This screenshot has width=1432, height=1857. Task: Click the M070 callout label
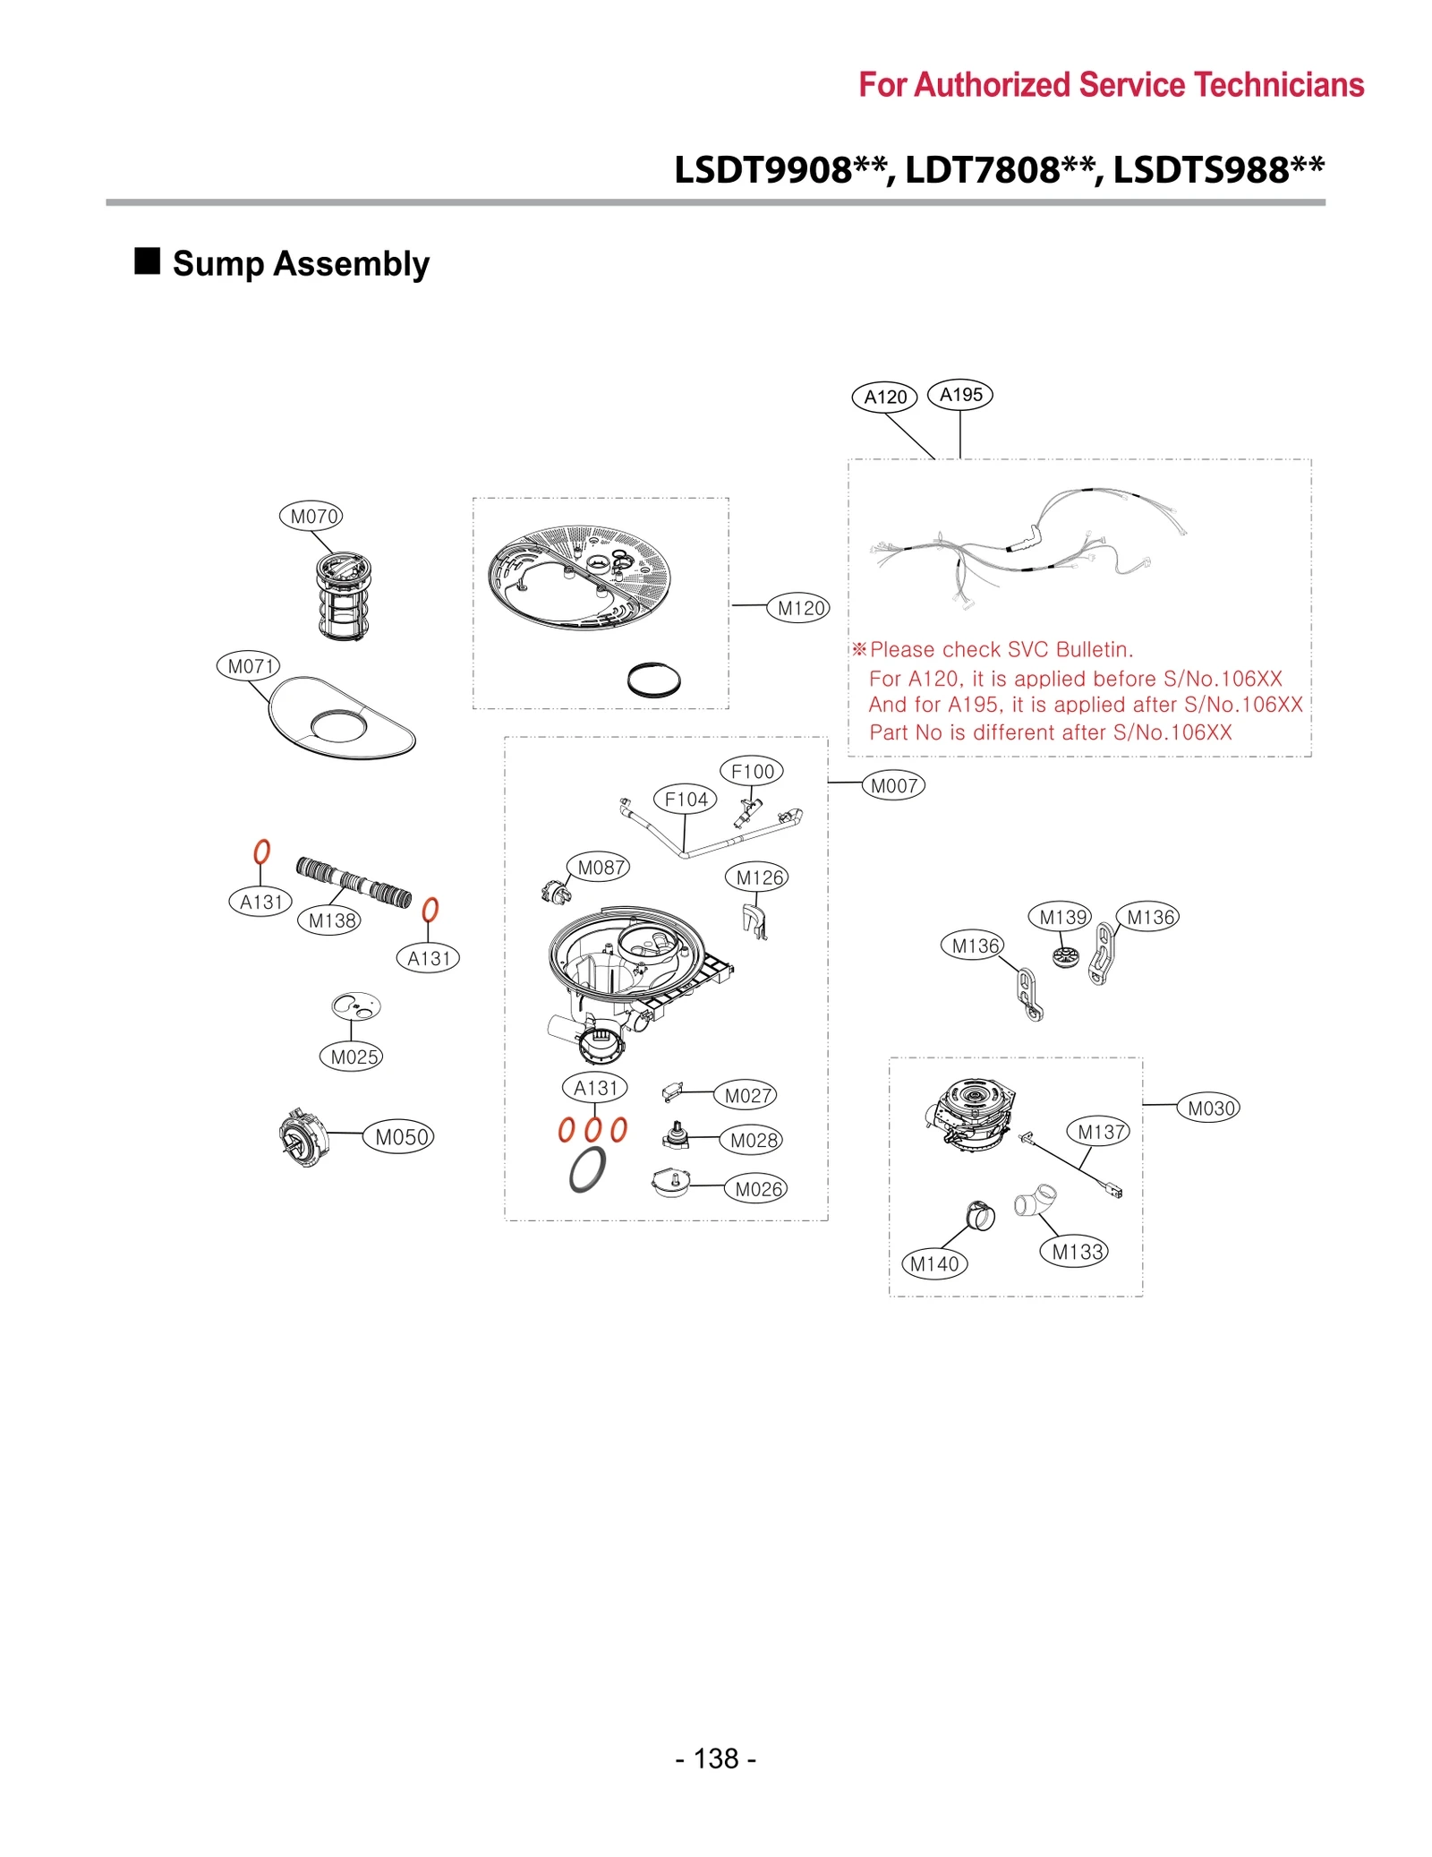pyautogui.click(x=311, y=516)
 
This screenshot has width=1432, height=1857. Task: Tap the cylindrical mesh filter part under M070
pyautogui.click(x=344, y=596)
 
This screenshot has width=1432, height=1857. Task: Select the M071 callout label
pyautogui.click(x=248, y=665)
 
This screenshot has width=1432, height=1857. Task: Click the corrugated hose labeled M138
pyautogui.click(x=354, y=881)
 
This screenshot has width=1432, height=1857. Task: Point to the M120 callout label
pyautogui.click(x=798, y=608)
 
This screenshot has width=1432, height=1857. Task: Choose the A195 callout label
pyautogui.click(x=959, y=394)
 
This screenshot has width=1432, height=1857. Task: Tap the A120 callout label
pyautogui.click(x=884, y=397)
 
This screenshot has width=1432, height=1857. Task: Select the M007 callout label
pyautogui.click(x=892, y=785)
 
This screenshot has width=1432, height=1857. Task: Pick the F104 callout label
pyautogui.click(x=685, y=799)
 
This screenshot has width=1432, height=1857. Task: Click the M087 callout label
pyautogui.click(x=599, y=867)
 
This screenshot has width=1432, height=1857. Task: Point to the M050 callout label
pyautogui.click(x=399, y=1136)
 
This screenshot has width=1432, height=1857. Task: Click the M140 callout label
pyautogui.click(x=933, y=1263)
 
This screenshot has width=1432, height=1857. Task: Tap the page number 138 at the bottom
pyautogui.click(x=715, y=1758)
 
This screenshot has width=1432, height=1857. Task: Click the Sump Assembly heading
pyautogui.click(x=300, y=263)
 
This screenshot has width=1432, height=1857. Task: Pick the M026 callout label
pyautogui.click(x=756, y=1188)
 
